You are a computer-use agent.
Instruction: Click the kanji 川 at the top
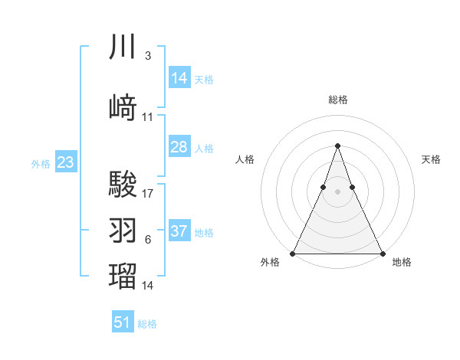[123, 47]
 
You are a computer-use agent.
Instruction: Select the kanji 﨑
[123, 108]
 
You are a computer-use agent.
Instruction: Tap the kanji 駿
[123, 185]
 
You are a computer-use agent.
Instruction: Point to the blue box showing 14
[179, 78]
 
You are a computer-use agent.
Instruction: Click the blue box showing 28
[179, 147]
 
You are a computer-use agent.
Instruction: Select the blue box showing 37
[179, 231]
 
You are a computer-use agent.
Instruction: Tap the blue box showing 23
[66, 162]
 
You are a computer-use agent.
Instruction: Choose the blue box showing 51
[123, 322]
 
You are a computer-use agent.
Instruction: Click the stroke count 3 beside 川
[147, 56]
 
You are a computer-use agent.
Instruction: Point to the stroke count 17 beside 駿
[148, 194]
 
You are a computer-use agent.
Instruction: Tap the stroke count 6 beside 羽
[147, 240]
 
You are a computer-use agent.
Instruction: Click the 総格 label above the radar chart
[337, 100]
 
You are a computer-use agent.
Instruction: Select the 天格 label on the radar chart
[431, 159]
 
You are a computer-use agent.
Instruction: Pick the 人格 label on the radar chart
[245, 159]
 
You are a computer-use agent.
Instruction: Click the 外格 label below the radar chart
[270, 263]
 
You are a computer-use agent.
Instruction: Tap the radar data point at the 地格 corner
[382, 253]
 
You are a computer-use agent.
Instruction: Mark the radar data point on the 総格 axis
[337, 146]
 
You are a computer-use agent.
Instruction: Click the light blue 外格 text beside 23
[41, 163]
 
